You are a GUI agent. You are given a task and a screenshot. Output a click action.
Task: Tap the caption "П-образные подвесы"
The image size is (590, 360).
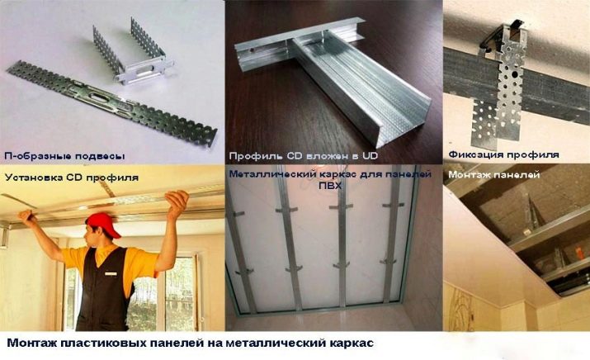64,156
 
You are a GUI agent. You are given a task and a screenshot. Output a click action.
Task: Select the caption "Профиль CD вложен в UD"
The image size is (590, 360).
304,156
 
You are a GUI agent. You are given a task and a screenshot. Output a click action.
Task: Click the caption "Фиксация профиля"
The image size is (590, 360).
503,154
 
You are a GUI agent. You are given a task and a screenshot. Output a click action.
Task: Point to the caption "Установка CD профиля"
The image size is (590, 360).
72,178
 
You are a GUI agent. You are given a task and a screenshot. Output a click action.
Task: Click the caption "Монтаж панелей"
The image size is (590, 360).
494,175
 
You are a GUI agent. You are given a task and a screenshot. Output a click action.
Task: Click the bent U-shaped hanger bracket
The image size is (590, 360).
135,53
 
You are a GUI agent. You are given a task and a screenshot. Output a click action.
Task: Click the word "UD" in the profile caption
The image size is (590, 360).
369,155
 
